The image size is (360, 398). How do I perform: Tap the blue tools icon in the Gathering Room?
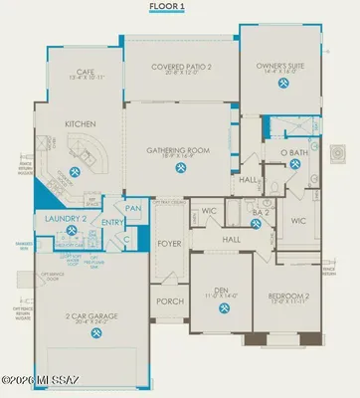180,167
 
